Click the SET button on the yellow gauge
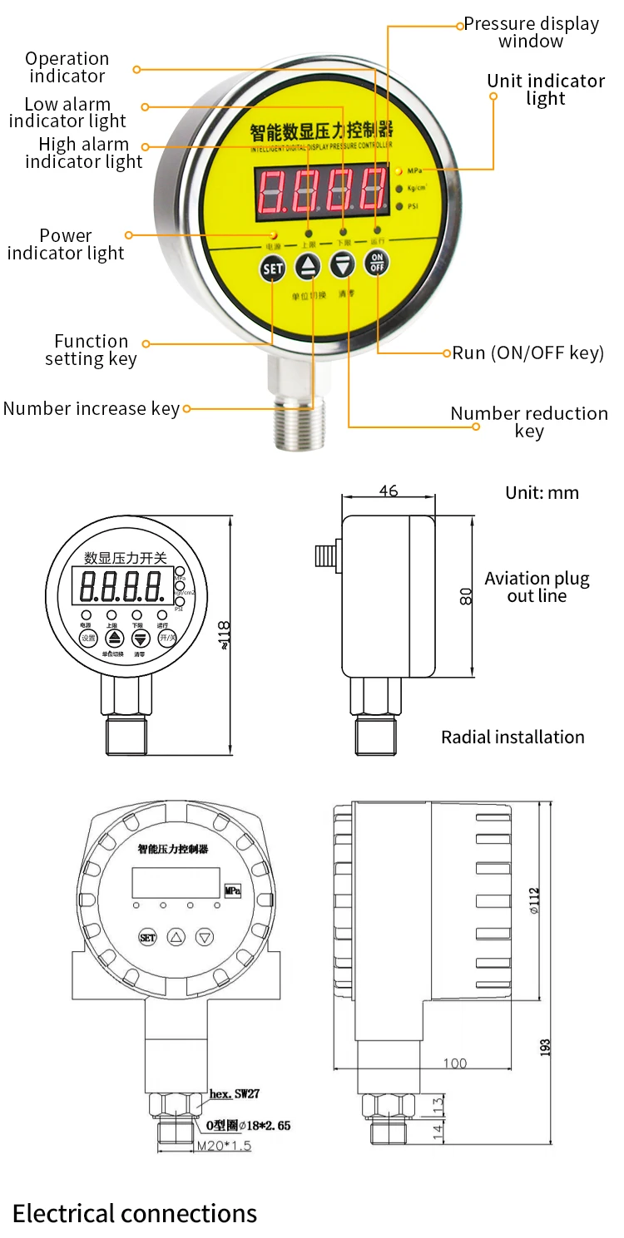[x=273, y=269]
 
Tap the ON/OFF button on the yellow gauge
[x=377, y=262]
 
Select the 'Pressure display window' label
[x=531, y=32]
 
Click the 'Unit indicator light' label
[x=545, y=90]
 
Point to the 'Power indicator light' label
[x=66, y=244]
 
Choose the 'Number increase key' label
[x=91, y=408]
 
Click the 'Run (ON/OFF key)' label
[x=527, y=353]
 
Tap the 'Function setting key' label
[x=91, y=350]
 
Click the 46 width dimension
[x=388, y=491]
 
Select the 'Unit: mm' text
[x=542, y=493]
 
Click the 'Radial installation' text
[x=513, y=737]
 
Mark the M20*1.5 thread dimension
[x=224, y=1146]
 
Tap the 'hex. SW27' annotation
[x=234, y=1093]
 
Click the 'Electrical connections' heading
[x=135, y=1213]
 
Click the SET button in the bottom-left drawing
[x=147, y=938]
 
